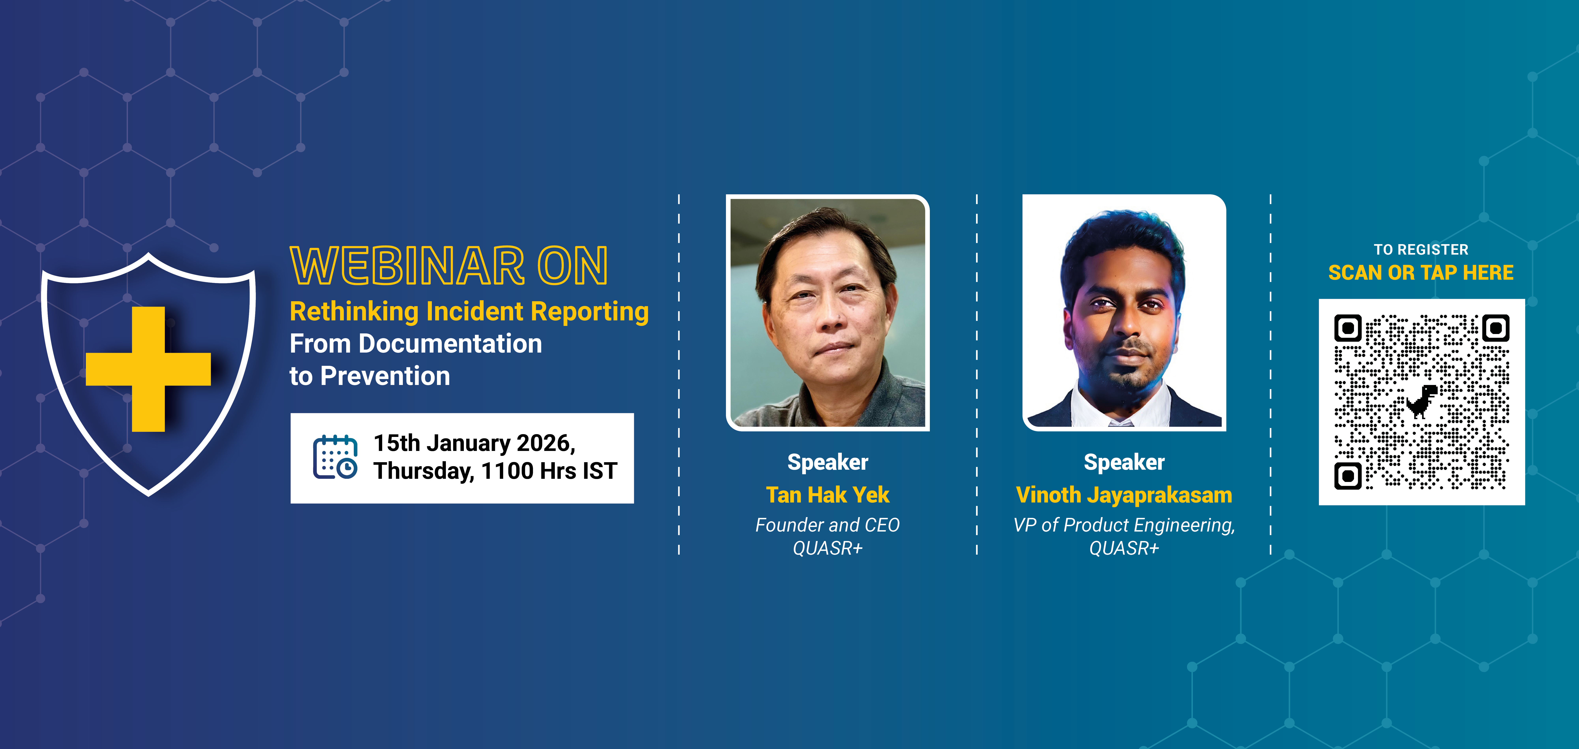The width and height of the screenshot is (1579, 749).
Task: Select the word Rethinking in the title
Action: point(354,312)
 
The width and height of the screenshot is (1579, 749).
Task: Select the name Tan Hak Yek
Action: point(828,495)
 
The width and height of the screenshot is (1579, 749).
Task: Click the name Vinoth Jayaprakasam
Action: point(1124,495)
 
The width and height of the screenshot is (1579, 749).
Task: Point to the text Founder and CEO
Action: point(828,525)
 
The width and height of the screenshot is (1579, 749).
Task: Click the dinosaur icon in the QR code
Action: point(1422,401)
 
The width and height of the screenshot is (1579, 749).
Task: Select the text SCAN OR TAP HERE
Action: point(1421,272)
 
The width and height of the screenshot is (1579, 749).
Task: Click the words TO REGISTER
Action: point(1421,250)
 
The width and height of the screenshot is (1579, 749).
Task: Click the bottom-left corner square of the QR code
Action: point(1348,475)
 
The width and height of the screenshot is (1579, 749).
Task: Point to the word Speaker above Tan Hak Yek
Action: point(828,462)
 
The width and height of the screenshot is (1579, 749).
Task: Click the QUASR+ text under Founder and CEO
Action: point(828,548)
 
